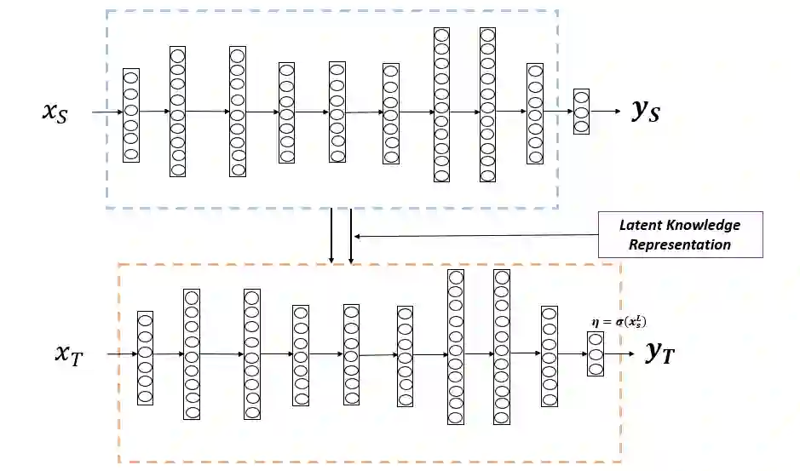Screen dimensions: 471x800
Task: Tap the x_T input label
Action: pyautogui.click(x=69, y=353)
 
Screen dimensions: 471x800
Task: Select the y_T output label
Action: pyautogui.click(x=659, y=353)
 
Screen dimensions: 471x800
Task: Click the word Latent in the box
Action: pyautogui.click(x=639, y=226)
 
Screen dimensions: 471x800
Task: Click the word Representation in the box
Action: pyautogui.click(x=680, y=244)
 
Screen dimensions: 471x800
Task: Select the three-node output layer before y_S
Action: pyautogui.click(x=581, y=112)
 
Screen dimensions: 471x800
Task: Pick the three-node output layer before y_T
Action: pyautogui.click(x=596, y=354)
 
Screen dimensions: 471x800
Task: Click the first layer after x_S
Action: pyautogui.click(x=130, y=115)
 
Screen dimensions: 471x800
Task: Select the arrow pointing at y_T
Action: pyautogui.click(x=620, y=353)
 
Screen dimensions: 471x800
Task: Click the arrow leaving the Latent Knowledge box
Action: pyautogui.click(x=477, y=236)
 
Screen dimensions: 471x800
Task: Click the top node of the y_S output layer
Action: pyautogui.click(x=581, y=97)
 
